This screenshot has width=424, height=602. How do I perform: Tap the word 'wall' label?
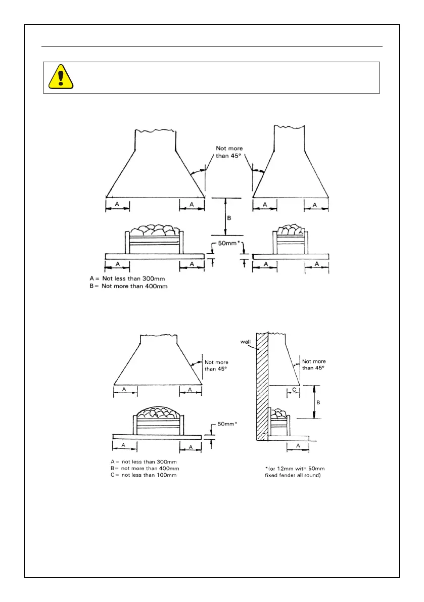[246, 342]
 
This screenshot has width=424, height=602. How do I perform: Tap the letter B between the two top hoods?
[229, 218]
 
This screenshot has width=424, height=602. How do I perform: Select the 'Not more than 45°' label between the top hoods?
[229, 152]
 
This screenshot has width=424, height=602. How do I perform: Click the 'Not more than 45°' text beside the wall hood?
[313, 364]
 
